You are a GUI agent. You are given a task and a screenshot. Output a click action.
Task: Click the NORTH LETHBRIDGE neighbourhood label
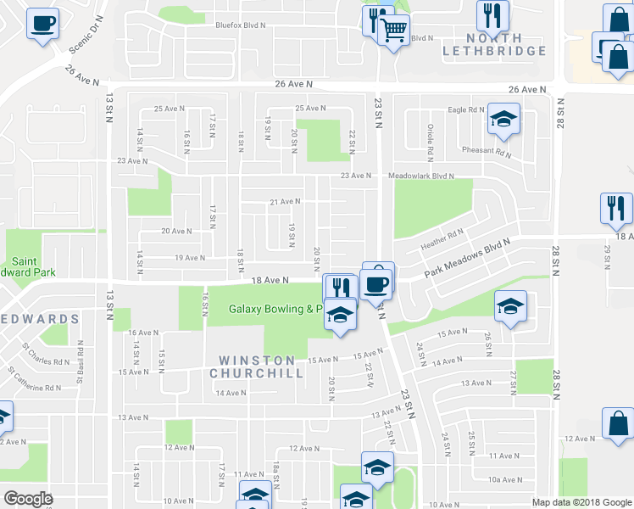[494, 44]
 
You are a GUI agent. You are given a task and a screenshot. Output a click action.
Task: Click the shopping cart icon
[393, 32]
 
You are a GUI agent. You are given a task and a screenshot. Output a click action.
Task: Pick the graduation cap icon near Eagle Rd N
[503, 121]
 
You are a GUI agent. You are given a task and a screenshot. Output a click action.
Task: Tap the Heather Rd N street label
[442, 239]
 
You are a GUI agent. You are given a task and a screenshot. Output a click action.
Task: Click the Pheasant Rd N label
[487, 152]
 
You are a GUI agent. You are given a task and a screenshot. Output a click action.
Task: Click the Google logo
[28, 499]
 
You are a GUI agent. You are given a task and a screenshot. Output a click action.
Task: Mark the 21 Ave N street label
[285, 202]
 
